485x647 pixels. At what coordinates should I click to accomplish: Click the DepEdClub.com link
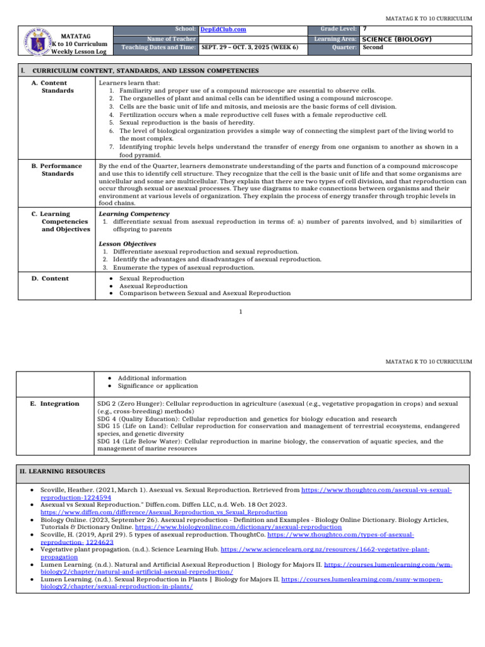[223, 29]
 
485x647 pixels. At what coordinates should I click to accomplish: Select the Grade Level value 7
[364, 29]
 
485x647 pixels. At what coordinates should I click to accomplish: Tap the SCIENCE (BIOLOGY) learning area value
[397, 39]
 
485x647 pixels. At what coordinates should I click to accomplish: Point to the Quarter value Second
[373, 47]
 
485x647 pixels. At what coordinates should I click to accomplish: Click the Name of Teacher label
[171, 39]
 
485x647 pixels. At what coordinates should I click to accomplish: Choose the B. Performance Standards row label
[57, 169]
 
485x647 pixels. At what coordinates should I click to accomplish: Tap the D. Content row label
[51, 278]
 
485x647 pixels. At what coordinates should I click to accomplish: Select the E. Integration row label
[56, 403]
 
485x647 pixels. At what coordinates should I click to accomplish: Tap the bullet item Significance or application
[158, 385]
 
